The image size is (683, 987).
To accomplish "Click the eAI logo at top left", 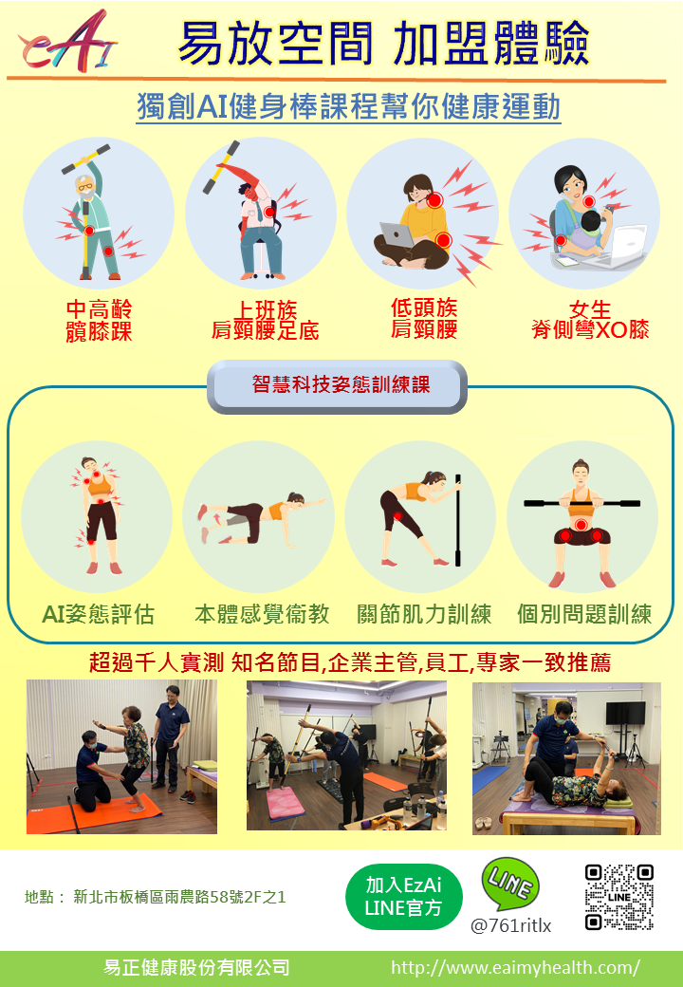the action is (68, 42).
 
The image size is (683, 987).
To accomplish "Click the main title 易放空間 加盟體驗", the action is (383, 44).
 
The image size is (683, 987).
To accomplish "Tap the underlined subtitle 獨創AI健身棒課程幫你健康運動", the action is (348, 106).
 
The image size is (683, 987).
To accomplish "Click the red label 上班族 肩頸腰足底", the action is (265, 320).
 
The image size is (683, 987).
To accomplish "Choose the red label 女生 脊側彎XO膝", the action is (590, 319).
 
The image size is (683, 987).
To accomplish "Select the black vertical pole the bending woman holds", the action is (458, 520).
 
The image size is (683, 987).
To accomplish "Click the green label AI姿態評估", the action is (98, 614).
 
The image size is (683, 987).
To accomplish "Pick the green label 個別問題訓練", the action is (584, 614).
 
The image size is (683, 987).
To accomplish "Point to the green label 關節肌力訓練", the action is (424, 614).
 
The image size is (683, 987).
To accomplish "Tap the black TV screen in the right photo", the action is (626, 713).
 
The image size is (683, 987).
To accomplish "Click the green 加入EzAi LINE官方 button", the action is (404, 896).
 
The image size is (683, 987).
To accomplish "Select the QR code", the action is (618, 897).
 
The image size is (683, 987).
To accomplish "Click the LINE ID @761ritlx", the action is (510, 925).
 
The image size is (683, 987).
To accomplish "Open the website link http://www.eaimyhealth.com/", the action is (516, 967).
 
